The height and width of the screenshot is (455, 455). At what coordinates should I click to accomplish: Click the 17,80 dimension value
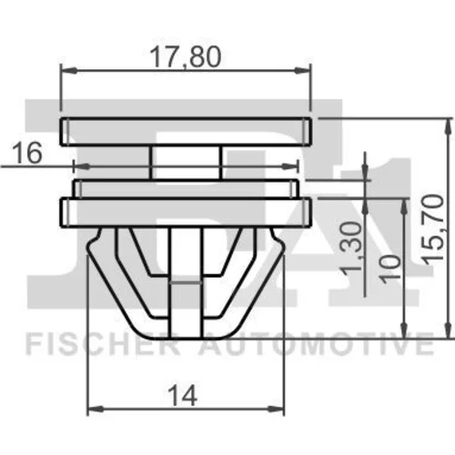186,57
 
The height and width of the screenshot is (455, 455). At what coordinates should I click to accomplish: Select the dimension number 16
27,153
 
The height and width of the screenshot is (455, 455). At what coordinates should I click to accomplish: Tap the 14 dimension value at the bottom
184,396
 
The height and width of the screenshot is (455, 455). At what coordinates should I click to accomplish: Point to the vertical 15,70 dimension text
433,229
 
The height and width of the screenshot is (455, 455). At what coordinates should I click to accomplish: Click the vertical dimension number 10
390,269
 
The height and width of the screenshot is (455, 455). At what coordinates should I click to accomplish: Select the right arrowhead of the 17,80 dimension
303,70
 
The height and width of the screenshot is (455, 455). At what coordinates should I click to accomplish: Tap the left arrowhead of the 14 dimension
96,409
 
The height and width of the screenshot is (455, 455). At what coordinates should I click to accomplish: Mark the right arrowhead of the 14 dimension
277,409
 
